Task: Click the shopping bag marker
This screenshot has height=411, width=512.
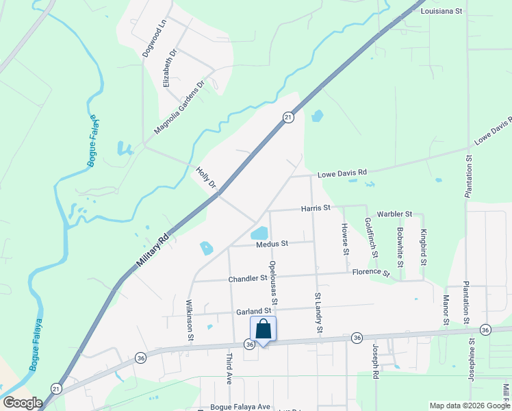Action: pyautogui.click(x=264, y=329)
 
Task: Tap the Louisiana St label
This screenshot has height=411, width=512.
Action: pyautogui.click(x=442, y=12)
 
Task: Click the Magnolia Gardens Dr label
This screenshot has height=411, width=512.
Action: pyautogui.click(x=179, y=108)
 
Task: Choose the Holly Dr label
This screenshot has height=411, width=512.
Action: pyautogui.click(x=206, y=176)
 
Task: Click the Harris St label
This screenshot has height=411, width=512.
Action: pyautogui.click(x=316, y=208)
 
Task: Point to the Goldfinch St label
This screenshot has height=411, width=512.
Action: pyautogui.click(x=371, y=237)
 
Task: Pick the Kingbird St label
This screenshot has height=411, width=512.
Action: pyautogui.click(x=424, y=247)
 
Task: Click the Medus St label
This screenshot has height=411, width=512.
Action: pyautogui.click(x=272, y=243)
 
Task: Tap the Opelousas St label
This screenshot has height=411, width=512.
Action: pyautogui.click(x=273, y=282)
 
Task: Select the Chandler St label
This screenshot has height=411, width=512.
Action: pyautogui.click(x=248, y=278)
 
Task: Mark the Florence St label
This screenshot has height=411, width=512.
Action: pyautogui.click(x=371, y=273)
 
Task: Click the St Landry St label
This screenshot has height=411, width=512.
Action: pyautogui.click(x=318, y=314)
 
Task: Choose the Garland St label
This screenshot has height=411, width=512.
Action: pyautogui.click(x=255, y=311)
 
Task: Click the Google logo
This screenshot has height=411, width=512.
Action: pyautogui.click(x=23, y=403)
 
